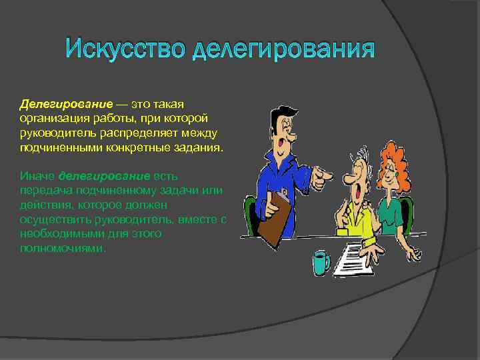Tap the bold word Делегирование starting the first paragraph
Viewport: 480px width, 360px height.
pyautogui.click(x=65, y=104)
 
